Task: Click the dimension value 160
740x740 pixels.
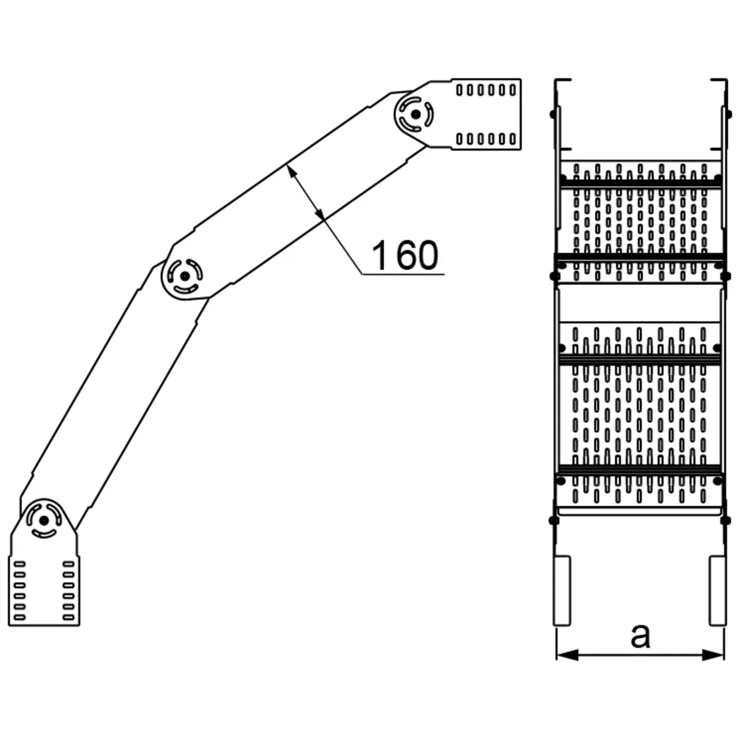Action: (x=406, y=255)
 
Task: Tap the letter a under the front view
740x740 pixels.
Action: (x=641, y=635)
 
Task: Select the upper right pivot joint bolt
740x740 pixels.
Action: (x=416, y=114)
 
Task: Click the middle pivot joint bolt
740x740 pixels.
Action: (x=184, y=276)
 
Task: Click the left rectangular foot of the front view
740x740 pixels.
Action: (x=562, y=591)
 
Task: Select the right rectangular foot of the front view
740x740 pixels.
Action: (x=718, y=591)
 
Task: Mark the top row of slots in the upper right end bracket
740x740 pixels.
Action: (x=487, y=90)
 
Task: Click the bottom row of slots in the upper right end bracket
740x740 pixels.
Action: (x=487, y=138)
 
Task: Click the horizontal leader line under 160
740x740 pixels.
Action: (x=401, y=273)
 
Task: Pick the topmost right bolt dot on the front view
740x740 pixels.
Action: (x=726, y=113)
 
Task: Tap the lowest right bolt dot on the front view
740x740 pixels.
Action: (x=726, y=521)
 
